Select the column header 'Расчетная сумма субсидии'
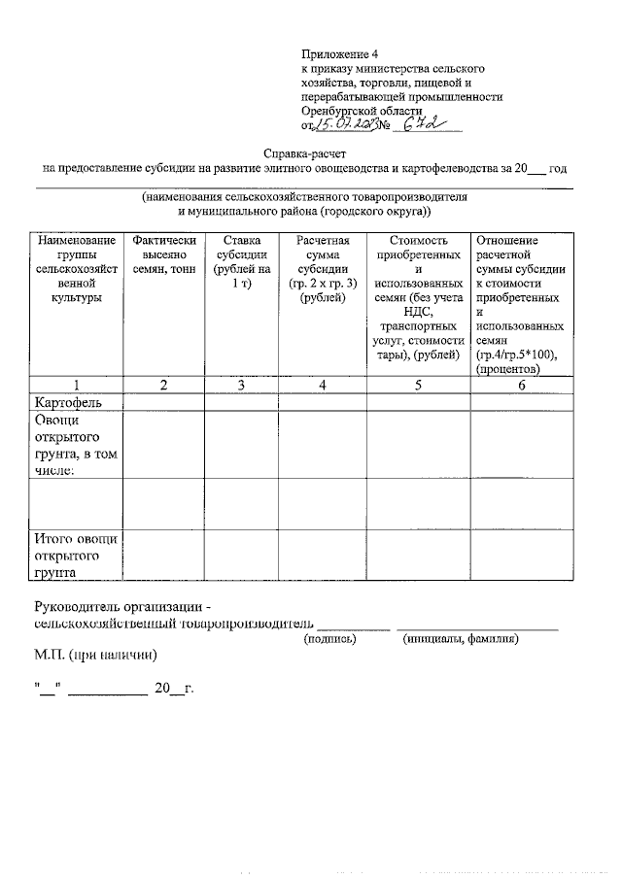click(323, 269)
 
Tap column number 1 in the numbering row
click(76, 385)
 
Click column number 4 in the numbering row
click(323, 385)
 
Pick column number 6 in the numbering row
click(521, 385)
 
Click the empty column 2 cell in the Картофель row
click(163, 401)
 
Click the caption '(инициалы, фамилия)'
click(460, 639)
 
